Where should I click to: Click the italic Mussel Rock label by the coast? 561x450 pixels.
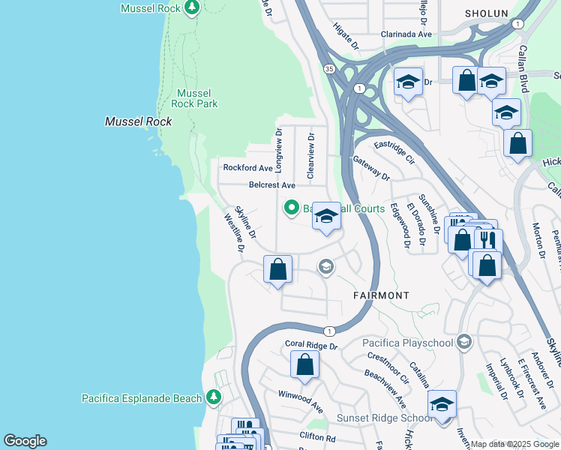pyautogui.click(x=138, y=121)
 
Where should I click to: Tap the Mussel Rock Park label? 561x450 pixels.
pyautogui.click(x=194, y=98)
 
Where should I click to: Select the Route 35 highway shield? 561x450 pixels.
pyautogui.click(x=329, y=68)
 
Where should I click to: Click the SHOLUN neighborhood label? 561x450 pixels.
pyautogui.click(x=486, y=13)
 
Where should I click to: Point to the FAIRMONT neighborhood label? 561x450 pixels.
pyautogui.click(x=381, y=295)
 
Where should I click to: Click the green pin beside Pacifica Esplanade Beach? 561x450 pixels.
pyautogui.click(x=214, y=397)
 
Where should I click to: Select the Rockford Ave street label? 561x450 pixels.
pyautogui.click(x=247, y=168)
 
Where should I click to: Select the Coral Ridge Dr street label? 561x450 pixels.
pyautogui.click(x=312, y=346)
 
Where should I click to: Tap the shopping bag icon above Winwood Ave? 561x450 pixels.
pyautogui.click(x=305, y=365)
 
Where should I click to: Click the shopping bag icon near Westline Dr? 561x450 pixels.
pyautogui.click(x=277, y=269)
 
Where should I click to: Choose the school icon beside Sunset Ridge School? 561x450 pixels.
pyautogui.click(x=442, y=404)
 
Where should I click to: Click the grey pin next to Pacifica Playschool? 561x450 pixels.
pyautogui.click(x=464, y=343)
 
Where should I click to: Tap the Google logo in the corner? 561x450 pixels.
pyautogui.click(x=25, y=441)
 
